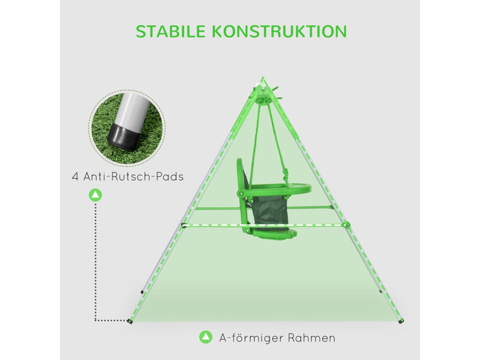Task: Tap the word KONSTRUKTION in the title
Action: pos(279,31)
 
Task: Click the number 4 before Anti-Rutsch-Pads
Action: pos(75,177)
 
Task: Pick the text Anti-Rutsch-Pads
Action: pos(134,177)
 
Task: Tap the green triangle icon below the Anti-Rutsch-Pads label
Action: pos(95,195)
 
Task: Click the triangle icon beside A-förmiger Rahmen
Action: pos(205,337)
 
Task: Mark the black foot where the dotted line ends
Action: pos(130,321)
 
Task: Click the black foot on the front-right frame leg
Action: pos(401,321)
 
